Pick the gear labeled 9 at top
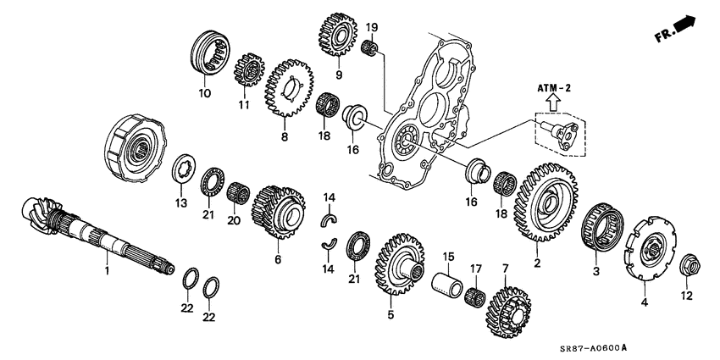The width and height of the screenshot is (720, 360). click(336, 35)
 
